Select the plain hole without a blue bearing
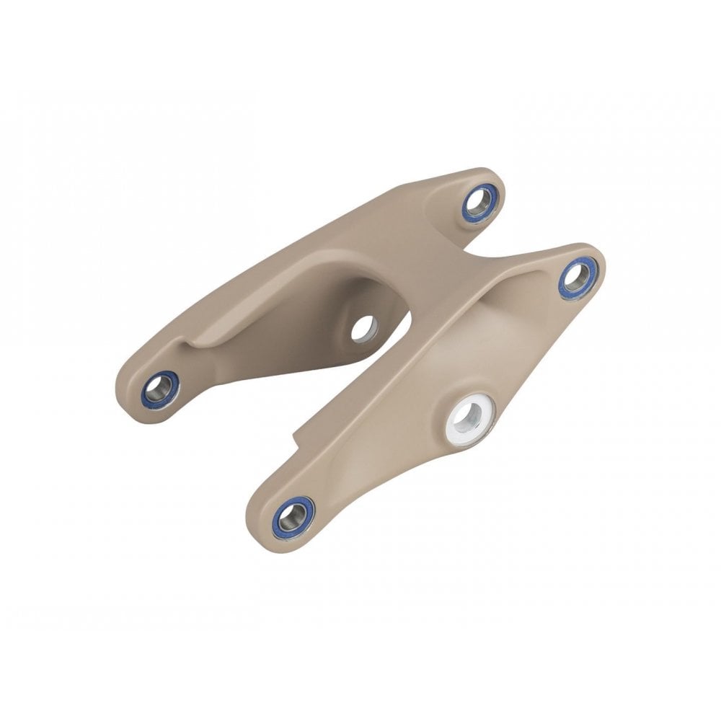(363, 328)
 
